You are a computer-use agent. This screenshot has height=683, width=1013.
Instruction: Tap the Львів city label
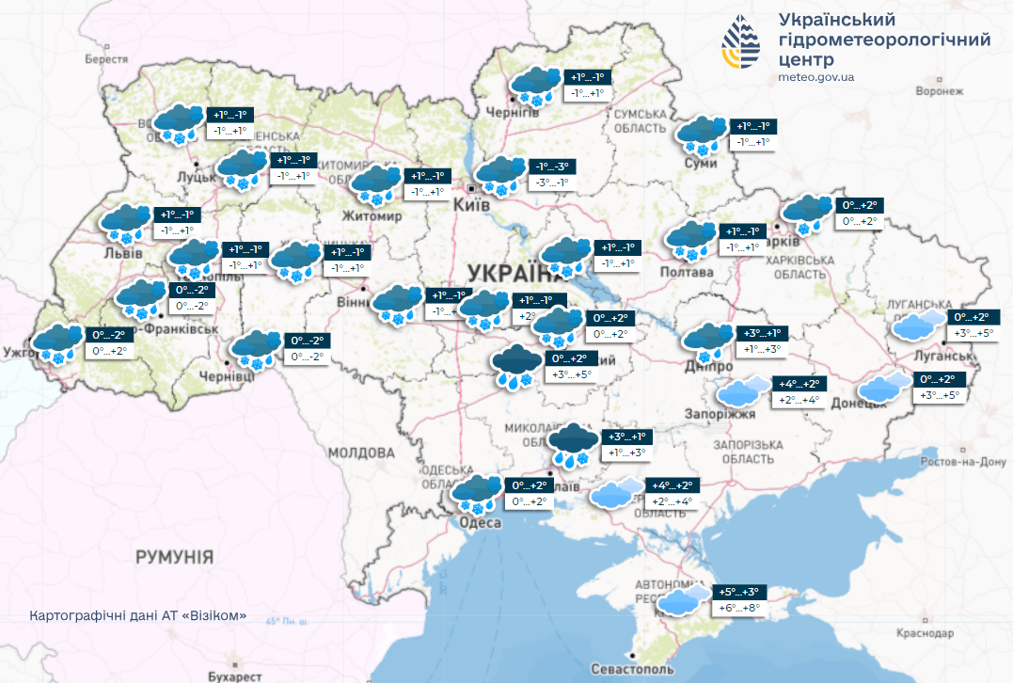pyautogui.click(x=122, y=254)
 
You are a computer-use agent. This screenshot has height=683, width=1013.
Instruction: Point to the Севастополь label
pyautogui.click(x=632, y=668)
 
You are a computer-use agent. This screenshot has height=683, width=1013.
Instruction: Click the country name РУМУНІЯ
pyautogui.click(x=174, y=556)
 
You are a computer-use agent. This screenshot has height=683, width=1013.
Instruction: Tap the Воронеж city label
pyautogui.click(x=940, y=91)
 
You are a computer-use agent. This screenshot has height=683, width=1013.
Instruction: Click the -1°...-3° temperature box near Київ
pyautogui.click(x=549, y=167)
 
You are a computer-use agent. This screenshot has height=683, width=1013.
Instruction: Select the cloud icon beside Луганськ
pyautogui.click(x=918, y=326)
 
